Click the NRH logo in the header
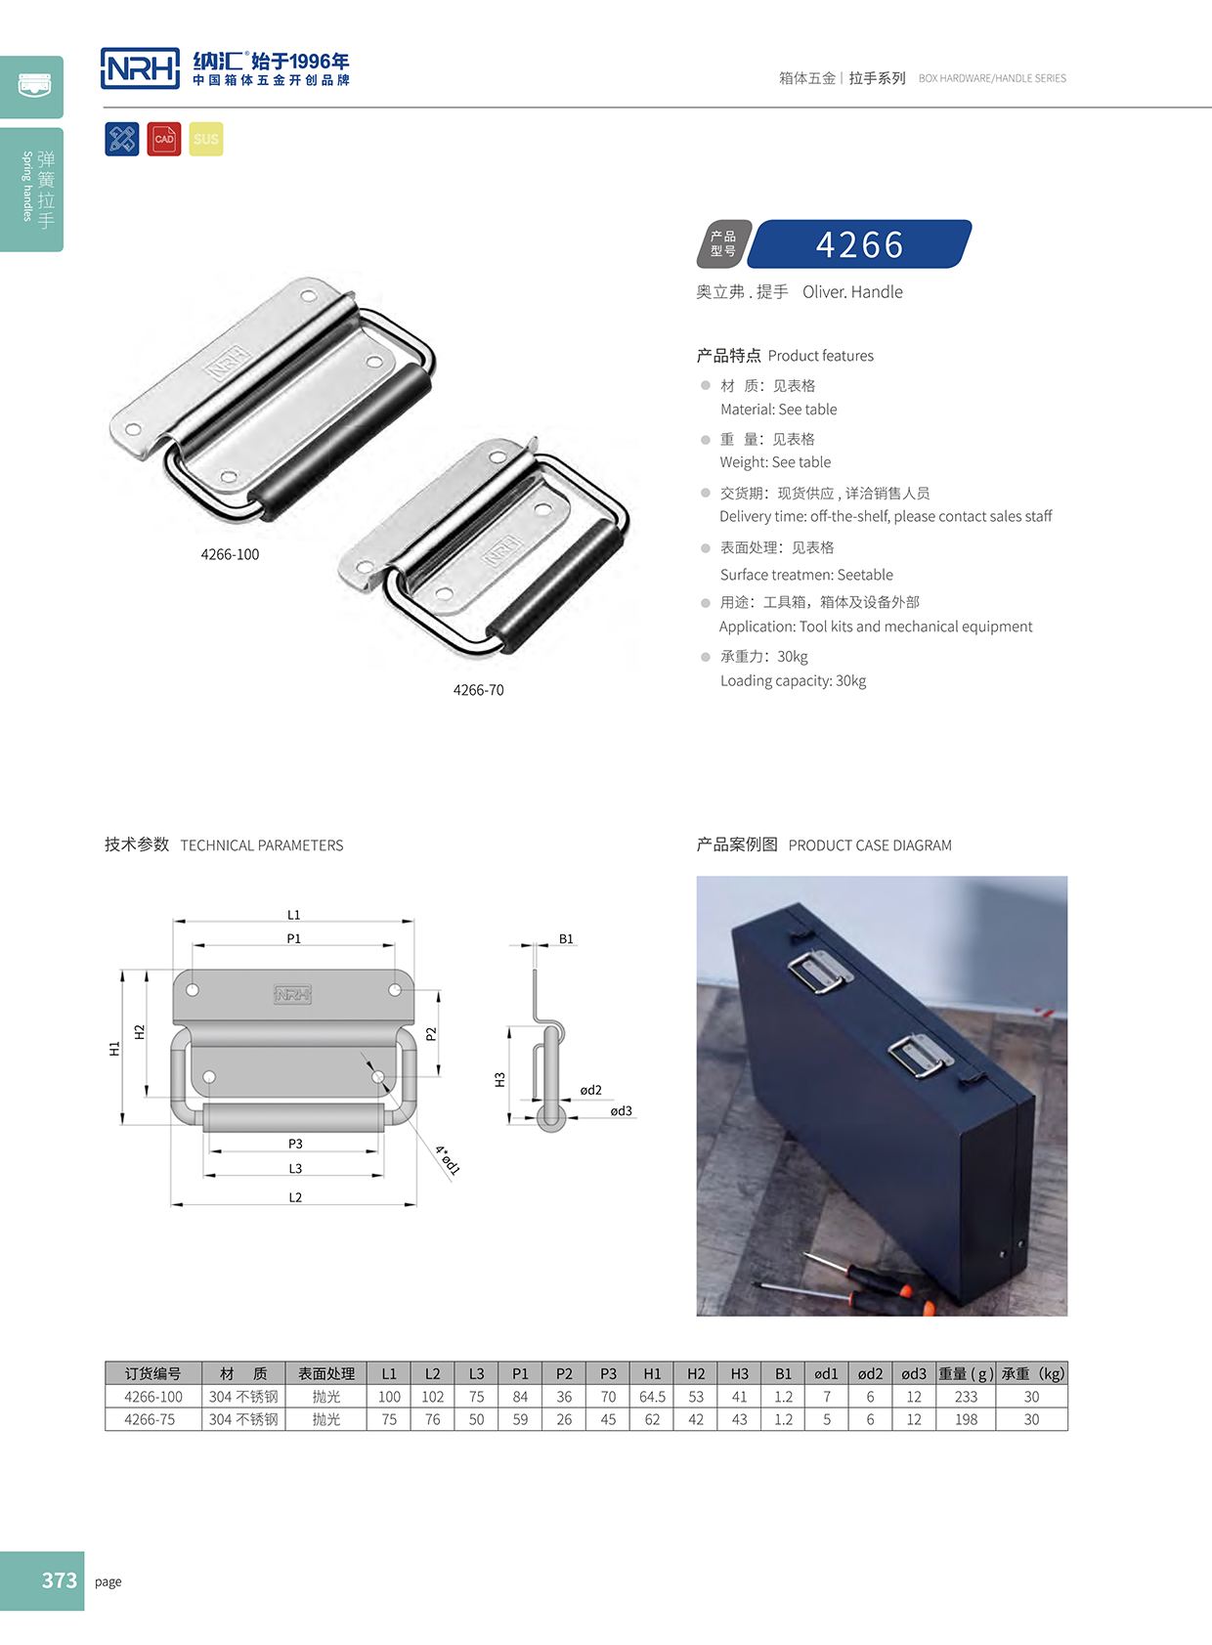[x=140, y=68]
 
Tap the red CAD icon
[x=164, y=139]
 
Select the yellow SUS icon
[x=206, y=139]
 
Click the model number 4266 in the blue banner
[x=860, y=244]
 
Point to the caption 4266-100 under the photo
[x=230, y=554]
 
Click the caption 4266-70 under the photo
[x=478, y=690]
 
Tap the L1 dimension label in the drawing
[x=293, y=915]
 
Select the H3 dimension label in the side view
[x=499, y=1079]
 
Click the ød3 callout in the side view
[x=621, y=1110]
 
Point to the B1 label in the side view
[x=566, y=938]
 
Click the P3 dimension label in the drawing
[x=295, y=1144]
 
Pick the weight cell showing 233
[x=966, y=1397]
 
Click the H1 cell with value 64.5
[x=652, y=1397]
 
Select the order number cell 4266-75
[x=150, y=1419]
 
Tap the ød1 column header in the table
[x=827, y=1373]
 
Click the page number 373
[x=59, y=1580]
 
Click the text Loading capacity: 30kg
[x=793, y=680]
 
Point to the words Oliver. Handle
[x=852, y=291]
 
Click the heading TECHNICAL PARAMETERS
[x=262, y=845]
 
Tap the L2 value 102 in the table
[x=432, y=1397]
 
